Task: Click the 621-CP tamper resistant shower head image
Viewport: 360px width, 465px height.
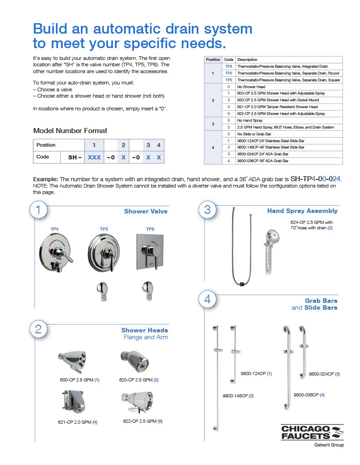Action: pos(75,403)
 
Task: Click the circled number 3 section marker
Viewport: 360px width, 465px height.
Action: pos(208,209)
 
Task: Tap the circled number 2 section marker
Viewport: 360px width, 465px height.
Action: pos(38,329)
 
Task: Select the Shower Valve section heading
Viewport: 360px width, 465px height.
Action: pos(145,211)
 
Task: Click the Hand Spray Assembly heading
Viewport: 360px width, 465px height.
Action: pos(302,211)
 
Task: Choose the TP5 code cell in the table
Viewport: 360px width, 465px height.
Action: pos(229,73)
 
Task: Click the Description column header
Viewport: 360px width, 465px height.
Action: pos(247,59)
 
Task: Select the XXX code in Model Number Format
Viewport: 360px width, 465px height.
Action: pos(94,157)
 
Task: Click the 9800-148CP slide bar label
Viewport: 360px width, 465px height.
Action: pos(238,396)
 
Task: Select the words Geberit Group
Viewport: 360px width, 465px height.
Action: pos(329,445)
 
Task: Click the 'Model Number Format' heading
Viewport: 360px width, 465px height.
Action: pos(70,131)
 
